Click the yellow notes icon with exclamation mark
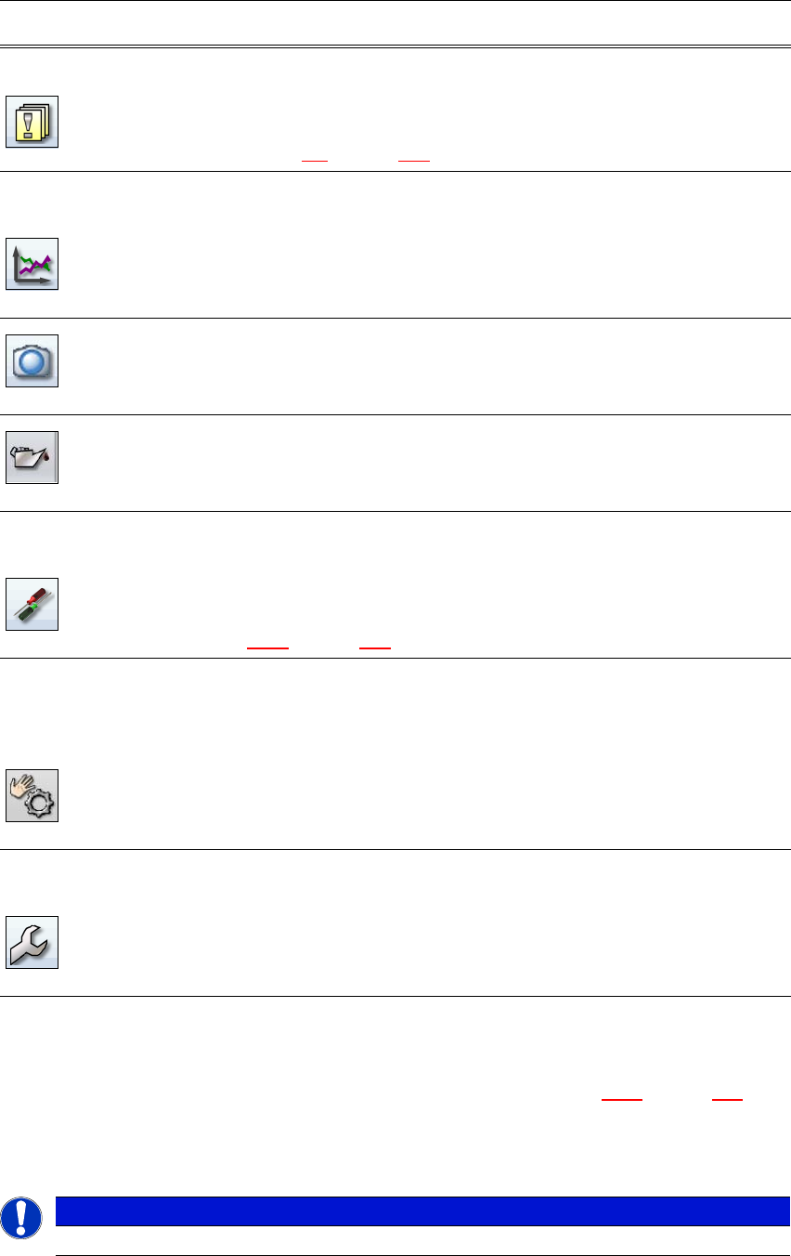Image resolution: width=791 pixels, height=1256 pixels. pyautogui.click(x=32, y=121)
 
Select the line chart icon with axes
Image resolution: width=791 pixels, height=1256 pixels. pyautogui.click(x=32, y=265)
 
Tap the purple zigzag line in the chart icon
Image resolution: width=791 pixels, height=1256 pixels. pyautogui.click(x=33, y=269)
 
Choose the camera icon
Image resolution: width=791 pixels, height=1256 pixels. pyautogui.click(x=32, y=360)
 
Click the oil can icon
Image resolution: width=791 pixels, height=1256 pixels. pyautogui.click(x=32, y=457)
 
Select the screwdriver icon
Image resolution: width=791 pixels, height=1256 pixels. pyautogui.click(x=32, y=604)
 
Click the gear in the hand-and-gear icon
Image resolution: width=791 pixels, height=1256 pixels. pyautogui.click(x=42, y=803)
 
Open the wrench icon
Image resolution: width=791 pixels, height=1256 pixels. pyautogui.click(x=32, y=942)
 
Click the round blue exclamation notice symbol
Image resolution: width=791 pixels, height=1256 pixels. pyautogui.click(x=21, y=1216)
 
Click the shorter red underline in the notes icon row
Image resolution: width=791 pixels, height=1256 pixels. pyautogui.click(x=315, y=162)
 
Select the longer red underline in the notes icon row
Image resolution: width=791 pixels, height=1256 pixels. pyautogui.click(x=413, y=162)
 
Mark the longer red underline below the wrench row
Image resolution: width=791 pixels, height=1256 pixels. pyautogui.click(x=622, y=1099)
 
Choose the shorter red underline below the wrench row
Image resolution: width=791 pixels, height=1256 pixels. pyautogui.click(x=727, y=1099)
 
